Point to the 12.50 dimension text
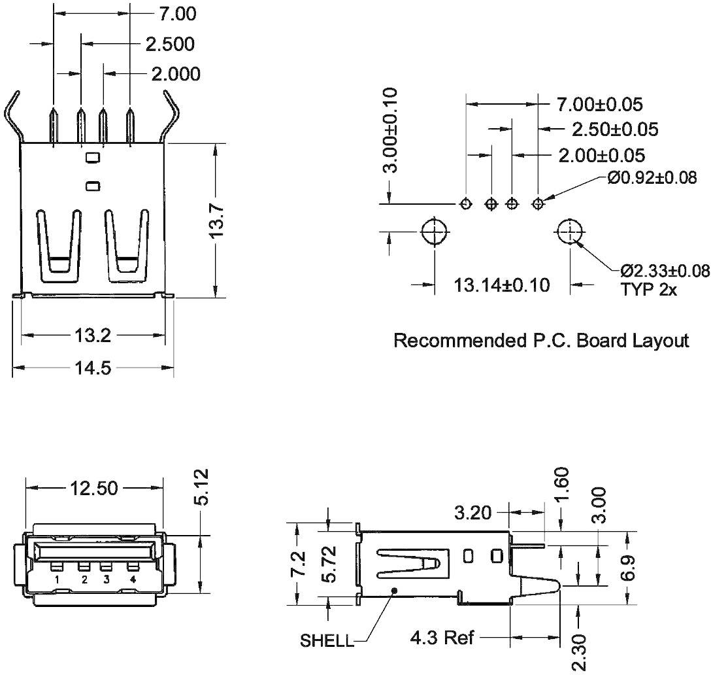tap(94, 488)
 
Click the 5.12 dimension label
tap(203, 487)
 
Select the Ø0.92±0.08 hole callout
tap(651, 177)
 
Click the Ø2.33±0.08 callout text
tap(664, 271)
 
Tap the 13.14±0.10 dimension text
tap(502, 285)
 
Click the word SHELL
tap(327, 640)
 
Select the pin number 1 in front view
tap(58, 580)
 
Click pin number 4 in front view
tap(133, 580)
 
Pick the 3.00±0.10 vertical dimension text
tap(390, 131)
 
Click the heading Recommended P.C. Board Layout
tap(540, 340)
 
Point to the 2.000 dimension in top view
tap(175, 74)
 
